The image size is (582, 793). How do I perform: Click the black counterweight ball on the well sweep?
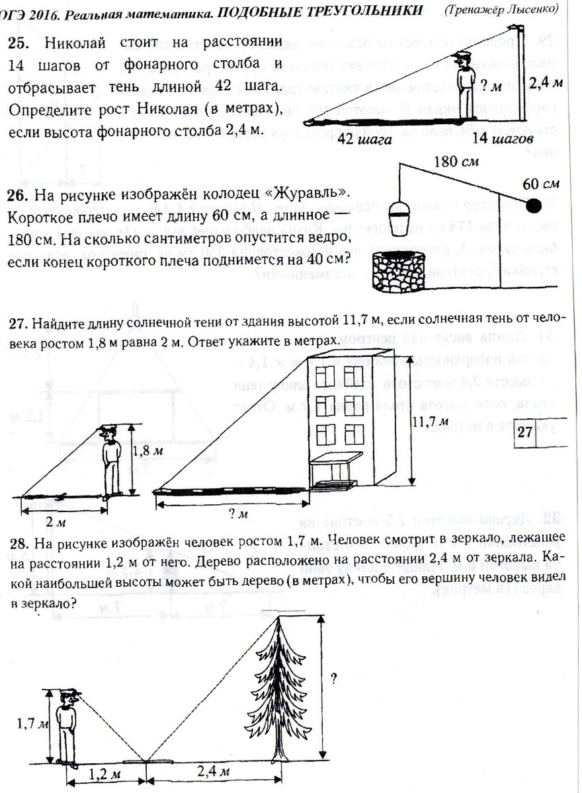(x=532, y=206)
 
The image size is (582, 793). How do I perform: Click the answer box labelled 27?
(x=524, y=433)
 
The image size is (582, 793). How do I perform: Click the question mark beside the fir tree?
(x=335, y=678)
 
